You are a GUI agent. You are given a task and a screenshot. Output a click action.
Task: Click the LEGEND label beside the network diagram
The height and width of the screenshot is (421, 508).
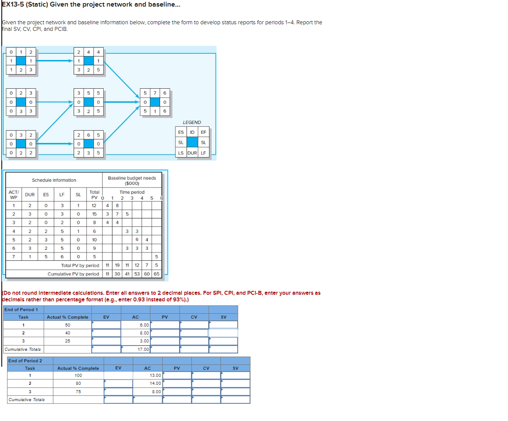191,122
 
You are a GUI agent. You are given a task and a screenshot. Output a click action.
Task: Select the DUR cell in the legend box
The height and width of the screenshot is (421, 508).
192,153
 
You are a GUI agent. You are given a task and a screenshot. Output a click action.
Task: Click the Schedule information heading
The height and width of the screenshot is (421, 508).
54,180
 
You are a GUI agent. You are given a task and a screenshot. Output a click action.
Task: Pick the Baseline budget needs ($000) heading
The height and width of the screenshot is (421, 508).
132,180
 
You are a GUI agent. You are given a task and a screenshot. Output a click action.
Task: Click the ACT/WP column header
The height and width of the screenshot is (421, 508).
13,194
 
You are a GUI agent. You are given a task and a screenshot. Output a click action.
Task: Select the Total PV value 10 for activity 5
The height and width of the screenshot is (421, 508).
94,240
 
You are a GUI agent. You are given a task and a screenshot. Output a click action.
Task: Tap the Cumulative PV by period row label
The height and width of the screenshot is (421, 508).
73,274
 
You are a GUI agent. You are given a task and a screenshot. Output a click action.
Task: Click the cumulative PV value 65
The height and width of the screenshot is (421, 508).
157,274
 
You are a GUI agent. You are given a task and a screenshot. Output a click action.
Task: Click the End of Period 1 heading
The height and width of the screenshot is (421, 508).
21,309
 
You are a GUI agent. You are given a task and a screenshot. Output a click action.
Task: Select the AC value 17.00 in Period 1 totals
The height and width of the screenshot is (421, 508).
143,349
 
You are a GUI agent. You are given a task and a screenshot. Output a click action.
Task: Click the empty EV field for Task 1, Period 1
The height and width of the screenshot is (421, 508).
106,325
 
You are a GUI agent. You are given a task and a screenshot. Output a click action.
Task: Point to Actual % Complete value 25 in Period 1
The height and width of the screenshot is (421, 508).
67,341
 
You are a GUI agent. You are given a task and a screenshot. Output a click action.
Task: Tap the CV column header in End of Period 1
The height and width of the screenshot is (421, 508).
194,317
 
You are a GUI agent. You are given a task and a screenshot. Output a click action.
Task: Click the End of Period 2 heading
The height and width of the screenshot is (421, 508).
26,361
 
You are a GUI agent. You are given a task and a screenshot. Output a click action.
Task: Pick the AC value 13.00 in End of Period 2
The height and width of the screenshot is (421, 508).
155,375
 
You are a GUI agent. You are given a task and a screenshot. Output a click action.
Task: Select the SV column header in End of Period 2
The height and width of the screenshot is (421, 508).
235,368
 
